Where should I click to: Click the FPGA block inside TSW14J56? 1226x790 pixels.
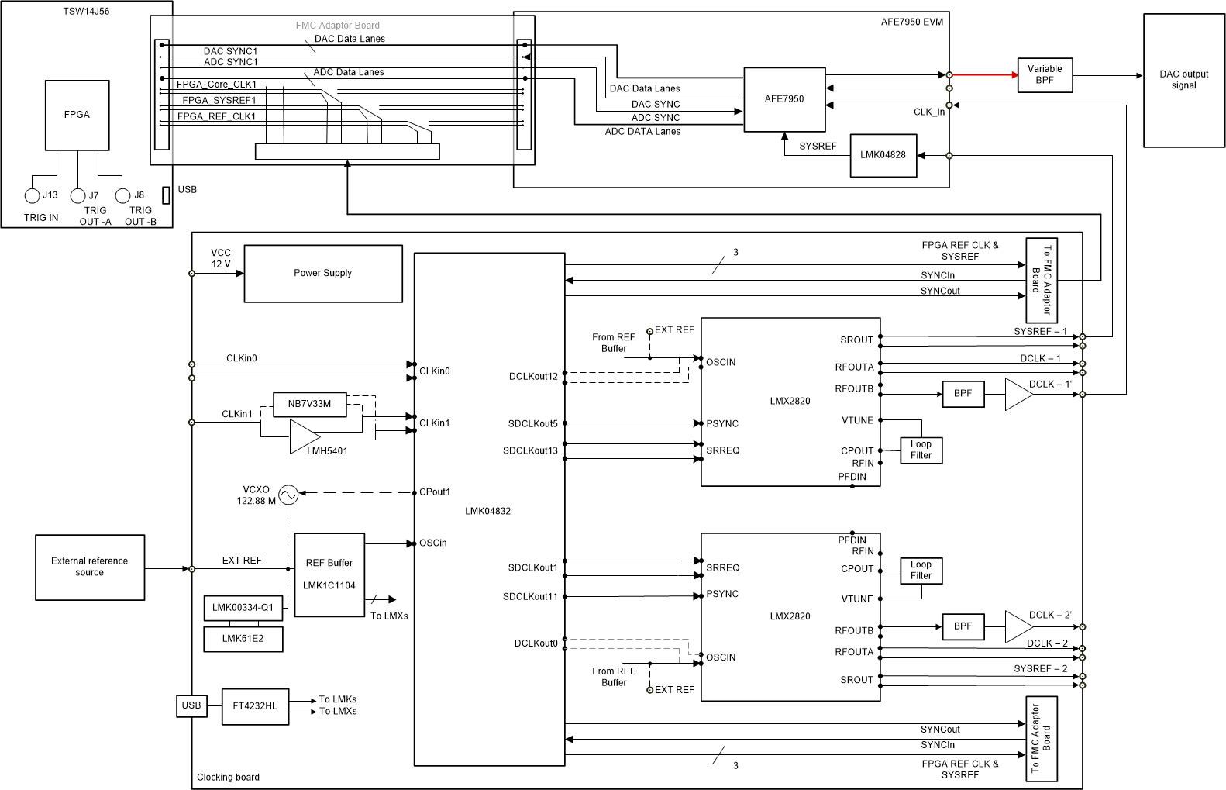coord(77,115)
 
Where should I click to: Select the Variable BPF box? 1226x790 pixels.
coord(1045,75)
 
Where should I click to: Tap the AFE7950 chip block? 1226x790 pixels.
coord(784,99)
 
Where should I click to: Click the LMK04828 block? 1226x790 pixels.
coord(883,155)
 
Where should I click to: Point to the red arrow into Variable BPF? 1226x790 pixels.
coord(984,75)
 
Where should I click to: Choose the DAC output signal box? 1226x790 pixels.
coord(1183,80)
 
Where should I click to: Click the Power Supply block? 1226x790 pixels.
coord(322,274)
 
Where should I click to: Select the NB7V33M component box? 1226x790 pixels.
coord(309,404)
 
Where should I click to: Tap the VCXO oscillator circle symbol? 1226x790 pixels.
coord(288,494)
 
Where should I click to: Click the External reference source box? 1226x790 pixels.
coord(90,567)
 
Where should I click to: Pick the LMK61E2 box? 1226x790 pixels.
coord(243,639)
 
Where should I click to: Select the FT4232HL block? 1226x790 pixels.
coord(255,706)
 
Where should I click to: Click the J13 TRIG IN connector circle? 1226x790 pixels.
coord(33,195)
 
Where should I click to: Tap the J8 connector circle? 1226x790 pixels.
coord(122,195)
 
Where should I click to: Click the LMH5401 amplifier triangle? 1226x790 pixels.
coord(302,437)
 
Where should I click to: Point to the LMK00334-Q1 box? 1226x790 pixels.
coord(243,608)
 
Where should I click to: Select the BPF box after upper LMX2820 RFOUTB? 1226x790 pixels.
coord(963,394)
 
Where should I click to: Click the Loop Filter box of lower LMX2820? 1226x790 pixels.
coord(921,571)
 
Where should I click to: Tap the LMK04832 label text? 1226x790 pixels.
coord(487,511)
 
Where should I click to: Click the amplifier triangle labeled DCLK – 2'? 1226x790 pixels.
coord(1017,626)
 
